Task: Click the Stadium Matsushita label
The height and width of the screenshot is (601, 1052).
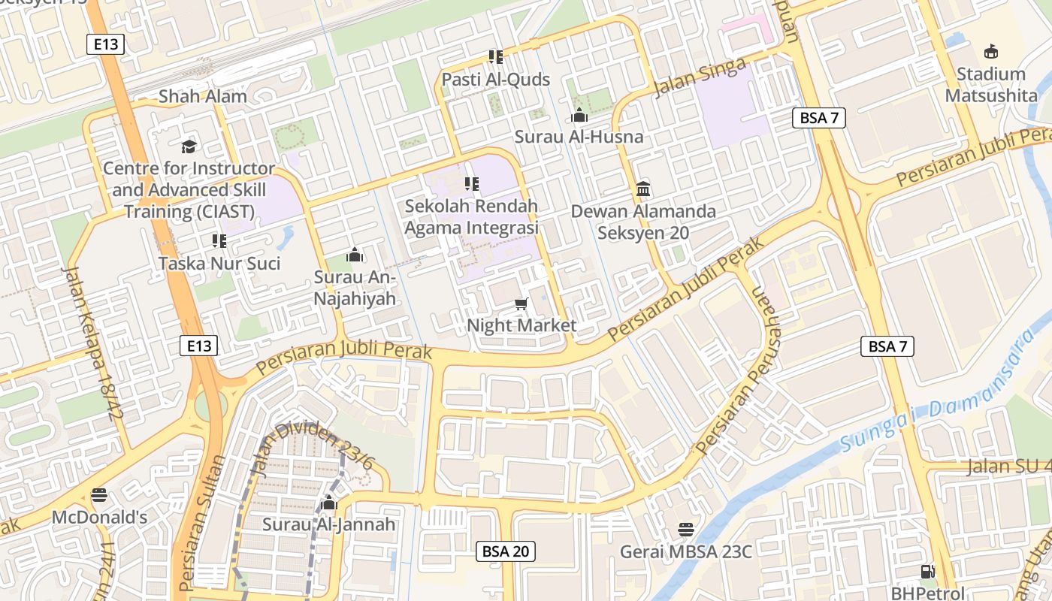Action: (985, 85)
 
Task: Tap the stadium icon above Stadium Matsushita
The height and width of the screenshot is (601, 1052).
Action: (991, 52)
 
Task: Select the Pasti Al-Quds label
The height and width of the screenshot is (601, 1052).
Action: (495, 80)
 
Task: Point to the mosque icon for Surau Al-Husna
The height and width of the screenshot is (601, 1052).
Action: (579, 116)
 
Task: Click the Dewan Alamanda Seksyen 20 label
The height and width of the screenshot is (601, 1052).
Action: (643, 222)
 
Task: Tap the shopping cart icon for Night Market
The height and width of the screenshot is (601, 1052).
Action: (521, 304)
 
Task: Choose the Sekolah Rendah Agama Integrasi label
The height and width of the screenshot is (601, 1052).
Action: (471, 216)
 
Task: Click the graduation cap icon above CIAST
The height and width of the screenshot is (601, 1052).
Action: (188, 146)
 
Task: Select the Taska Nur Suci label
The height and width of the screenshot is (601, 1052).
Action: (219, 263)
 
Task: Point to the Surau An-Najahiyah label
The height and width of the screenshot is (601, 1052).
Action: (355, 288)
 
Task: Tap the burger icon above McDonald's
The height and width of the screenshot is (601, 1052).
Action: (99, 495)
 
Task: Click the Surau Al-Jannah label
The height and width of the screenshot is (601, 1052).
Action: (328, 524)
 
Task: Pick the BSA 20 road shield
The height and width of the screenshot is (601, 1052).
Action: (506, 551)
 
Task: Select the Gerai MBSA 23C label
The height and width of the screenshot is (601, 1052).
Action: (685, 552)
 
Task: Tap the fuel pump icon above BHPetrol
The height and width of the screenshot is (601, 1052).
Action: (928, 572)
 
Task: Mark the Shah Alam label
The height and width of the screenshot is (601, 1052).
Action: (203, 96)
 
